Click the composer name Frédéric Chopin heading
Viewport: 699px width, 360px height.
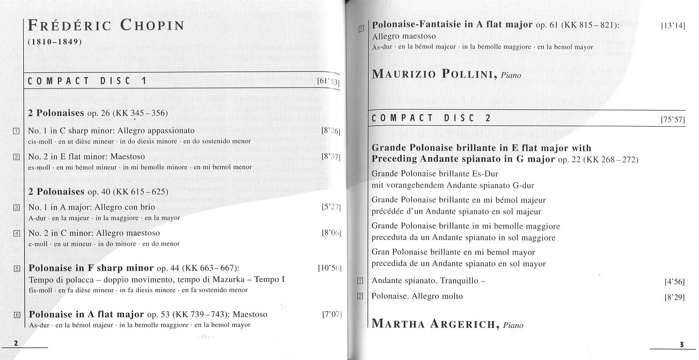(106, 25)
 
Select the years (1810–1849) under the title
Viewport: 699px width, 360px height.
(55, 41)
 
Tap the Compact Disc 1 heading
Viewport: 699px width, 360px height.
(87, 81)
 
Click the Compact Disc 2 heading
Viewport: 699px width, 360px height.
(431, 118)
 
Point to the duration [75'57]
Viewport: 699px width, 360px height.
(673, 119)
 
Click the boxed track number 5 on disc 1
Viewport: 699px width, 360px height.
(17, 268)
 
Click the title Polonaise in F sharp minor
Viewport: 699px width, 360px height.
(91, 268)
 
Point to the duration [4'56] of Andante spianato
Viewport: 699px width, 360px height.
(674, 282)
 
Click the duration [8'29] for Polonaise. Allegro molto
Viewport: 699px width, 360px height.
(674, 297)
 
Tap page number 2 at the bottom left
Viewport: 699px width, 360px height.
(16, 343)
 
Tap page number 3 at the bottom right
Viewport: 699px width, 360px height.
(681, 344)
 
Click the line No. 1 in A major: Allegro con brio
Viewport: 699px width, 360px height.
(92, 207)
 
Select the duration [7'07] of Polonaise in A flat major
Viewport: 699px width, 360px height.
(331, 314)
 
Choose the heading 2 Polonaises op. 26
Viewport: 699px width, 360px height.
(98, 113)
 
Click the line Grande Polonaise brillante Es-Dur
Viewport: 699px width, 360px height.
(435, 174)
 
